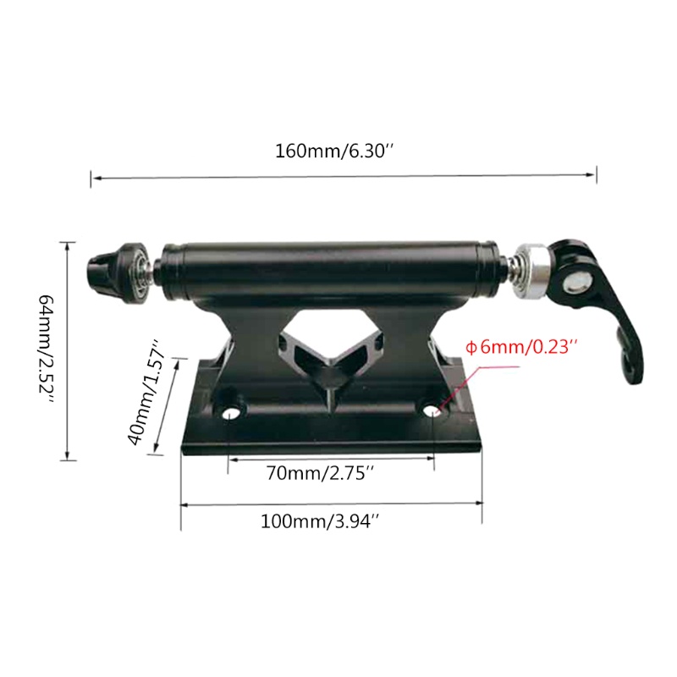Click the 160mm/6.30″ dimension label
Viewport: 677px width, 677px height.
pyautogui.click(x=334, y=151)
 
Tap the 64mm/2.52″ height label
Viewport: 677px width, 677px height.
pyautogui.click(x=47, y=350)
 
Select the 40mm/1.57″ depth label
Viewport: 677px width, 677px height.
pyautogui.click(x=146, y=393)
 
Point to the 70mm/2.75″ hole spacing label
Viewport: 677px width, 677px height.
pyautogui.click(x=319, y=473)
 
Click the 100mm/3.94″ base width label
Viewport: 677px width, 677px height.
pyautogui.click(x=319, y=521)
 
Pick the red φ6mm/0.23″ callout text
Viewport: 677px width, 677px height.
pyautogui.click(x=521, y=347)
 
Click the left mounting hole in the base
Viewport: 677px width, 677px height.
pyautogui.click(x=231, y=413)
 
